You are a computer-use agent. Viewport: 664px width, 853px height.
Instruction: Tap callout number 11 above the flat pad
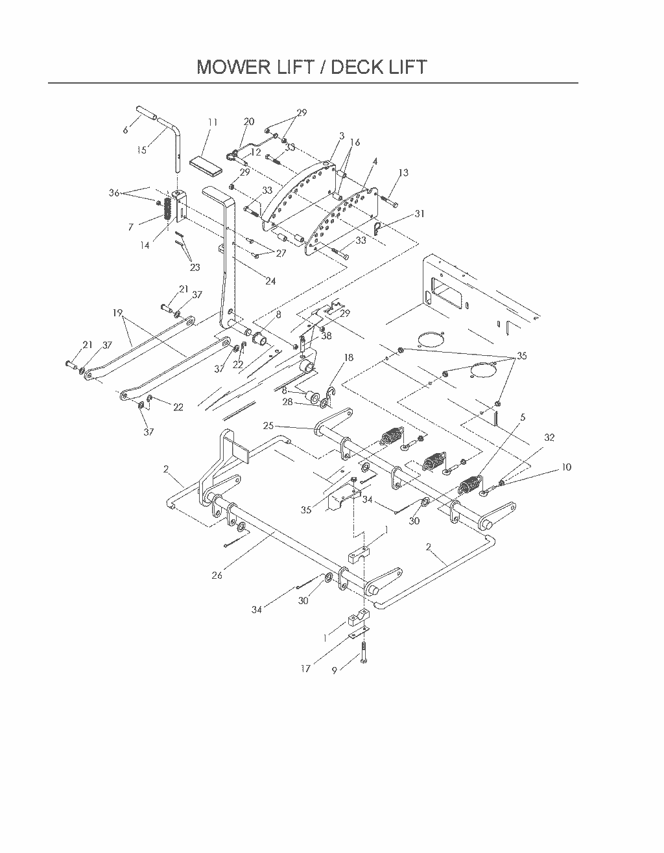coord(213,122)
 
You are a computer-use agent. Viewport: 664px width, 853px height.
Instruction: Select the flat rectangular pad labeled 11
coord(206,166)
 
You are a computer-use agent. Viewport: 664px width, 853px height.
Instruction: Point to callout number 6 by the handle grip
coord(125,130)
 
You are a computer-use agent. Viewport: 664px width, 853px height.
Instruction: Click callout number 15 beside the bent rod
coord(142,150)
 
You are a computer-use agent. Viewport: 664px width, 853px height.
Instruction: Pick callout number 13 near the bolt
coord(403,172)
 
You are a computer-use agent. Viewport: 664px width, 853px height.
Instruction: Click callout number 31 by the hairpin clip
coord(420,214)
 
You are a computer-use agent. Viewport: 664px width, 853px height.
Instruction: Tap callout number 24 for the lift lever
coord(270,281)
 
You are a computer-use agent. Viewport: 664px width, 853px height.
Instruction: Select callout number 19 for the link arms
coord(117,313)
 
